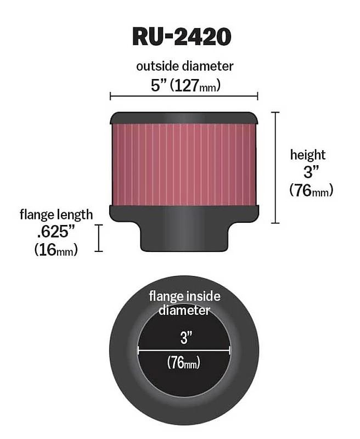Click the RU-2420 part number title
click(x=182, y=37)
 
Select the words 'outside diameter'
click(x=185, y=66)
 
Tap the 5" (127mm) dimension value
click(x=186, y=85)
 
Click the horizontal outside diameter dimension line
click(x=184, y=97)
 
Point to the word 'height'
click(x=308, y=155)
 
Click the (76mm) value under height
click(x=311, y=190)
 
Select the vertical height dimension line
click(x=275, y=167)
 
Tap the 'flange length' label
click(x=57, y=215)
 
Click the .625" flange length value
click(x=56, y=232)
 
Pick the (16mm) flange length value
click(x=56, y=250)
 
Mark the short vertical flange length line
click(x=99, y=238)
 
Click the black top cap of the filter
click(x=184, y=118)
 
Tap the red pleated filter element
click(x=184, y=165)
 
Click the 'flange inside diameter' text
click(x=184, y=303)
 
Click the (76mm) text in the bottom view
click(x=184, y=363)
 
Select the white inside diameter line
click(x=184, y=350)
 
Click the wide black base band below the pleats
click(x=184, y=214)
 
